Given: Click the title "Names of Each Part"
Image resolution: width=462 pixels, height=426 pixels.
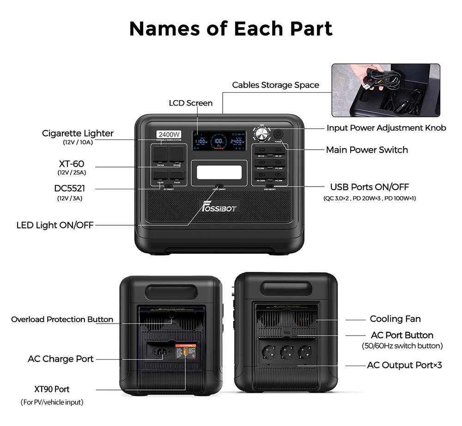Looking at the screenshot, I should (231, 28).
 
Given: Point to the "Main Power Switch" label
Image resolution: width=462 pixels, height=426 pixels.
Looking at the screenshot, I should (367, 150).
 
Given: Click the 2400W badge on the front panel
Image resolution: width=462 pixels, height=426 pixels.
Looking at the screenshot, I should (169, 135).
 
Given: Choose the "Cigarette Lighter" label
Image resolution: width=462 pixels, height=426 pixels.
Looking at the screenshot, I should (78, 133).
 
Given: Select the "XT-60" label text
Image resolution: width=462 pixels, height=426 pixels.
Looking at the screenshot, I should (72, 164).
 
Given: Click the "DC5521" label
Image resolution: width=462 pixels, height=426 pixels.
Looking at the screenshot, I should (69, 189).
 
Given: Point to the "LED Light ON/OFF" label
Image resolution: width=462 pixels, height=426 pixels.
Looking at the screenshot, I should (55, 225).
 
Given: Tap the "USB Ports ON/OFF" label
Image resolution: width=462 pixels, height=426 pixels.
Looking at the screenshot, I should (369, 187).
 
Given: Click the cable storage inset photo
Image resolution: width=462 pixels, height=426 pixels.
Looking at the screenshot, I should (386, 90).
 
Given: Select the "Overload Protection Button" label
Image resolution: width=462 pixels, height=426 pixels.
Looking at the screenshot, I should (62, 319).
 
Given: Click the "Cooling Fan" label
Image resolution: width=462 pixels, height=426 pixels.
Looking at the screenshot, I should (395, 319).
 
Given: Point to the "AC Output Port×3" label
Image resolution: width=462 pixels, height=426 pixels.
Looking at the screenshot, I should (404, 365).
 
